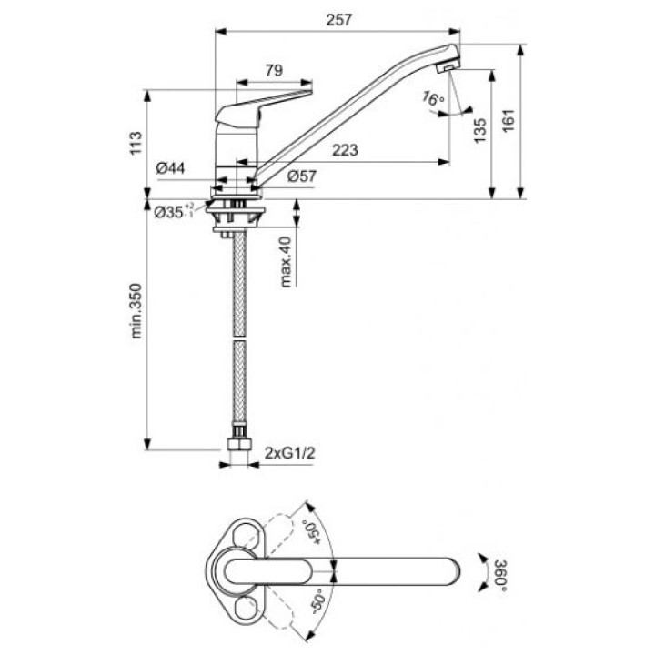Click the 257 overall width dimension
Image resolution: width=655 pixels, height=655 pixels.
coord(339,20)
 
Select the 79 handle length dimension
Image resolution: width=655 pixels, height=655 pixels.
coord(274,70)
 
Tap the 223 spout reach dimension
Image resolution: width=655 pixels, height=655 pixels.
coord(345,150)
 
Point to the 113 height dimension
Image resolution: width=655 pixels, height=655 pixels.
coord(136,144)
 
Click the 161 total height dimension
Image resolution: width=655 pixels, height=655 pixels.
coord(509,121)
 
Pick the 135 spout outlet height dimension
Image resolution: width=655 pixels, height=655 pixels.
coord(480,130)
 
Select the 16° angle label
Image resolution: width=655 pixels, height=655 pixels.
coord(433,98)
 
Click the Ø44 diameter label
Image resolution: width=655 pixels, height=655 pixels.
coord(170,168)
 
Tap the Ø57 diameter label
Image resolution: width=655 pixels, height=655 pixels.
coord(302,176)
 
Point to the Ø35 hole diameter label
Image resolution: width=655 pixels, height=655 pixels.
coord(174,211)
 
